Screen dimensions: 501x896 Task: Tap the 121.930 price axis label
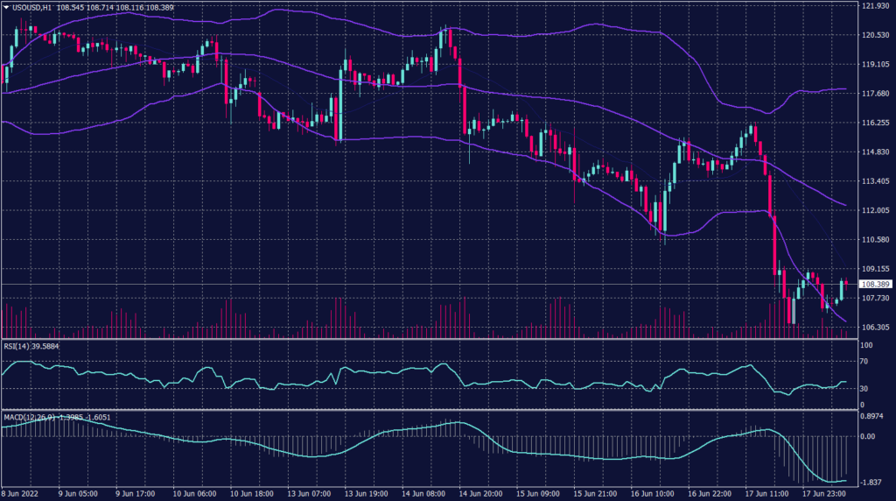click(875, 6)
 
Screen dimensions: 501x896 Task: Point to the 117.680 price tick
click(875, 94)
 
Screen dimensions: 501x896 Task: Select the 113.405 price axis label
click(875, 181)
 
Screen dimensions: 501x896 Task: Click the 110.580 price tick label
click(875, 239)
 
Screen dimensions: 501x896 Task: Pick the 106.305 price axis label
click(875, 327)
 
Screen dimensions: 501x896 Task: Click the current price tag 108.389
click(875, 285)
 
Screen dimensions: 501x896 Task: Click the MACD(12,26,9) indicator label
click(28, 416)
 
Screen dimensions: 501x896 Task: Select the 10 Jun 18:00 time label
click(249, 493)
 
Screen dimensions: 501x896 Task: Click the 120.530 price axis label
click(875, 35)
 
